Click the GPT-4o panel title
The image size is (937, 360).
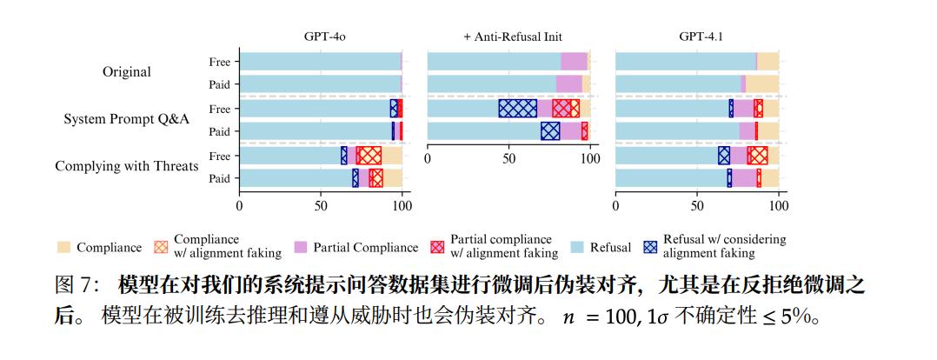point(320,37)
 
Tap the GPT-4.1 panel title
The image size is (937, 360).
point(698,37)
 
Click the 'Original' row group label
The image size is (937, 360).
point(126,72)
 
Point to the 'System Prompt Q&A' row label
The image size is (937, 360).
point(126,119)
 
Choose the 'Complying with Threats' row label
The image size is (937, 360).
point(126,166)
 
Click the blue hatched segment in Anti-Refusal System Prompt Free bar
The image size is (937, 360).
point(517,108)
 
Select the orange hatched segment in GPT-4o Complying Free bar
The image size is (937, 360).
point(370,155)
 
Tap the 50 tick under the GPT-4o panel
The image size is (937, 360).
point(321,207)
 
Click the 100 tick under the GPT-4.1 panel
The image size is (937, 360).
point(779,207)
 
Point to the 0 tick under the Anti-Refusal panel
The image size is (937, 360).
point(428,160)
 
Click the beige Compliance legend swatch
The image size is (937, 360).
point(63,247)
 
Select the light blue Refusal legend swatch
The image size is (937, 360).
point(575,247)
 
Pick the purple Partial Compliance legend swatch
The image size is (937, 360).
point(302,247)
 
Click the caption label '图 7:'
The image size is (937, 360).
point(76,286)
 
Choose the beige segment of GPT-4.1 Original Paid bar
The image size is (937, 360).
point(762,84)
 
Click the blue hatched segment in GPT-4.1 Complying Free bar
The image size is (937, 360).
point(723,155)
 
